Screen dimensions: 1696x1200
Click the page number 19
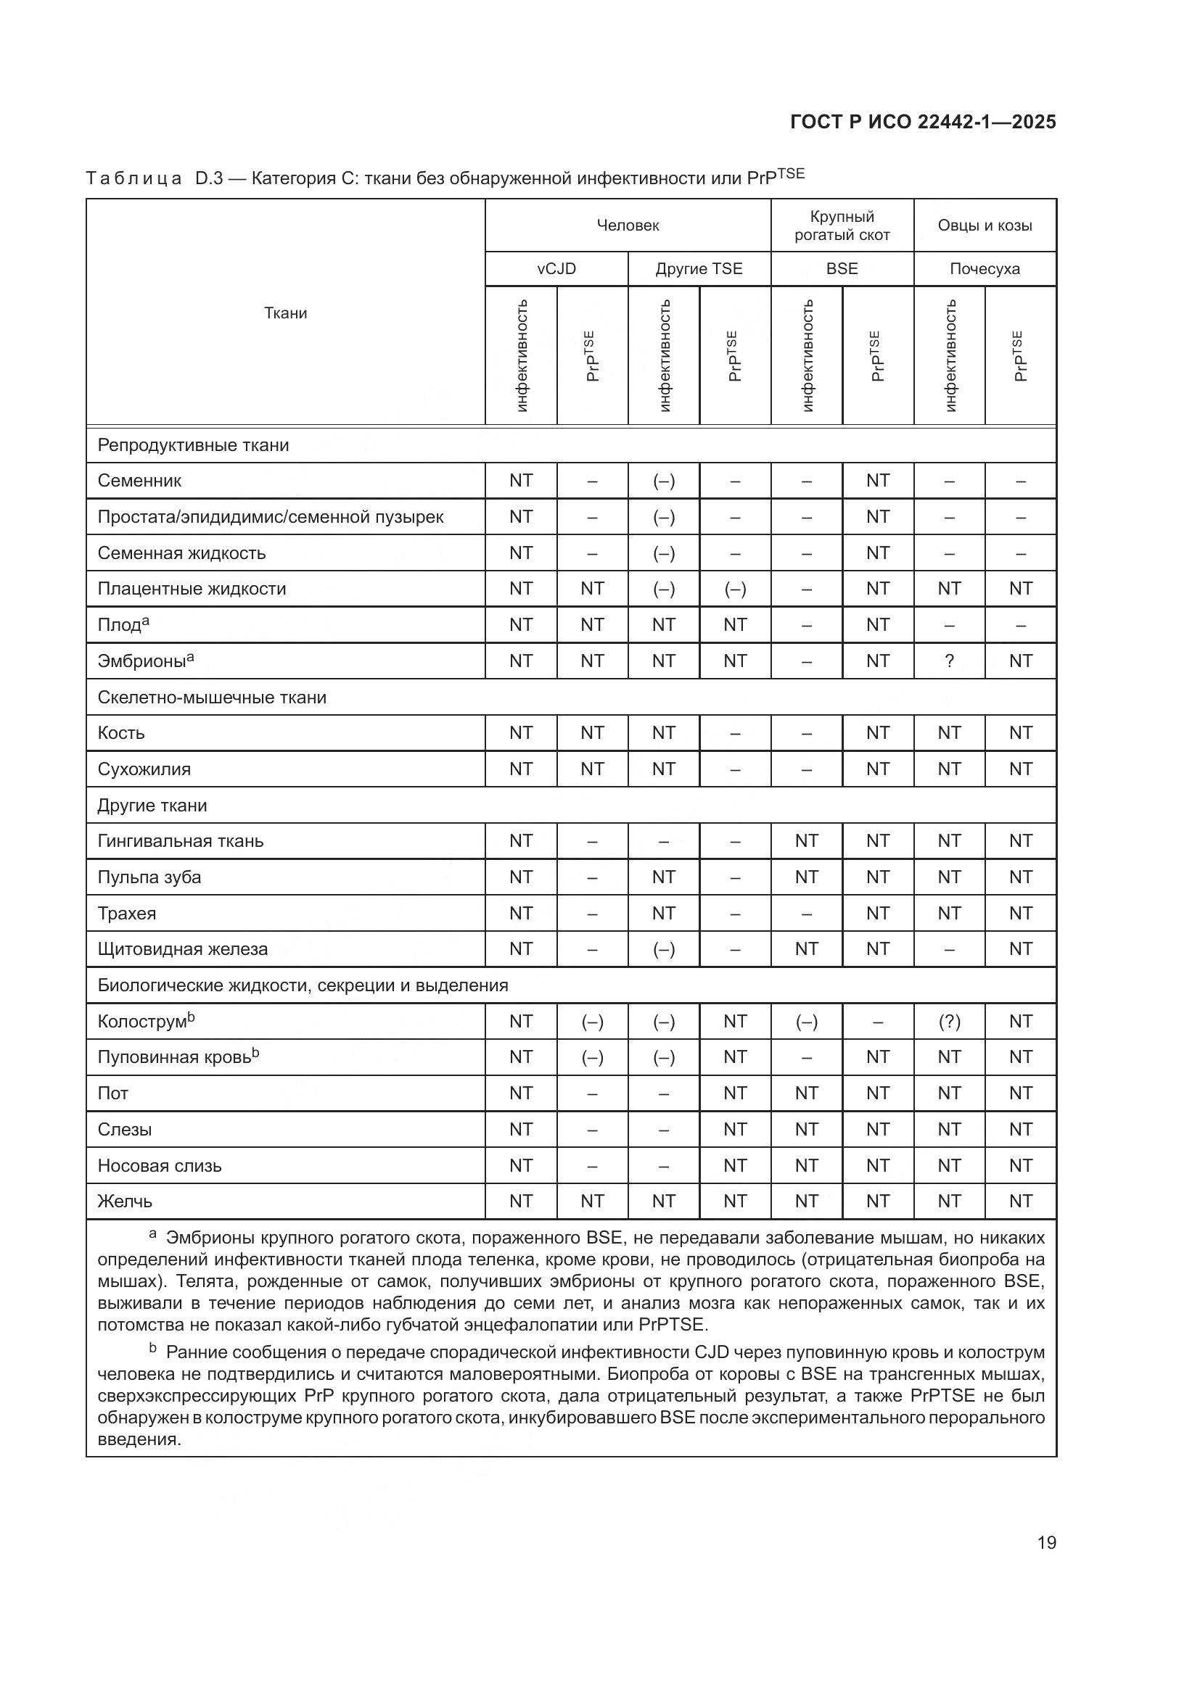tap(1046, 1542)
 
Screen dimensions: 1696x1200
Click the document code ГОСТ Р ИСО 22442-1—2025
tap(923, 122)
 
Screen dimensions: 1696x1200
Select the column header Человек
tap(628, 226)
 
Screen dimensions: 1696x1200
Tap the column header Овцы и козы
tap(985, 226)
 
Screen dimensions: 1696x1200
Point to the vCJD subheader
tap(556, 269)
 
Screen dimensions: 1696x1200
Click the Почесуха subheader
tap(985, 269)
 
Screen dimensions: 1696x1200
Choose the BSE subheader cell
tap(842, 269)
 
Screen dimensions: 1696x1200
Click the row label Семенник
tap(139, 481)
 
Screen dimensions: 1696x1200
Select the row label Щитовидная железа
tap(183, 949)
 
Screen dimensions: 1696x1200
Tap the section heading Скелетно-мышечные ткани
tap(211, 698)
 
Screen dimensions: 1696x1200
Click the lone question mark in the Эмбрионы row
tap(949, 661)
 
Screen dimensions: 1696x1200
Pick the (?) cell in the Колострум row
tap(949, 1022)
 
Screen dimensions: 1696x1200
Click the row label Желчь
tap(125, 1201)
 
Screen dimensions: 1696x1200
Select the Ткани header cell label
tap(285, 313)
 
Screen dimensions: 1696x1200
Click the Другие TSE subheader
tap(698, 269)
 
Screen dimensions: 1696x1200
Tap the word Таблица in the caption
tap(133, 179)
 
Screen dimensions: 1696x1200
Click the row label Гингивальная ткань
tap(181, 841)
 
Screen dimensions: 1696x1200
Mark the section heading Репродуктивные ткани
tap(193, 445)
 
